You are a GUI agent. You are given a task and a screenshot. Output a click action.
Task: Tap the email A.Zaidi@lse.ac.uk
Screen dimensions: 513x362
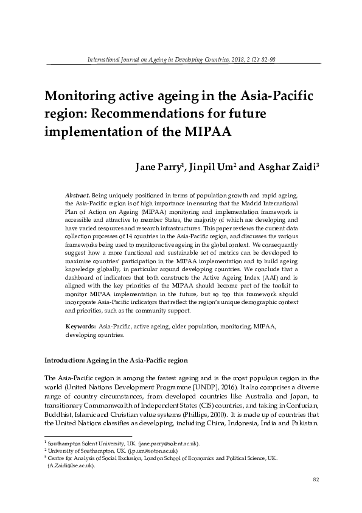[x=72, y=465]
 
